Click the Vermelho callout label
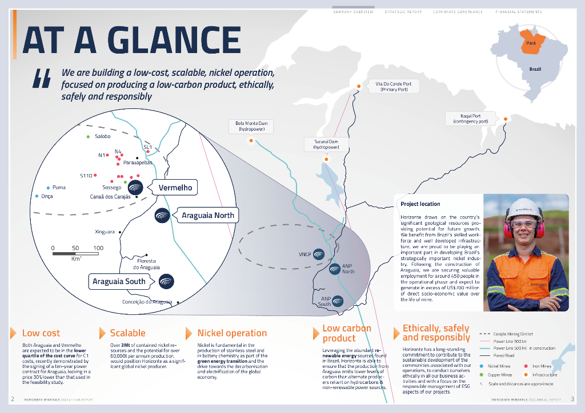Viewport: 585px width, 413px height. [174, 187]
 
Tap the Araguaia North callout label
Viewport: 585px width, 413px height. [207, 215]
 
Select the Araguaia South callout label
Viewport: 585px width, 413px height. [119, 281]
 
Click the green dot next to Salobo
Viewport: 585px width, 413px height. [88, 136]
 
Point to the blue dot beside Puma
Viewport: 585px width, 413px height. [47, 187]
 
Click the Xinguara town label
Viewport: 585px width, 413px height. [105, 232]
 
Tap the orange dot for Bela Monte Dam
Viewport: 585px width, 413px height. [251, 140]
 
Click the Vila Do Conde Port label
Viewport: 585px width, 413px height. [393, 86]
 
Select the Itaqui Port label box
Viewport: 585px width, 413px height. [470, 119]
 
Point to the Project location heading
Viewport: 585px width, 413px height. [420, 204]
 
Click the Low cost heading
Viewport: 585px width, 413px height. [41, 333]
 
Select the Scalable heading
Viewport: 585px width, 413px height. [127, 333]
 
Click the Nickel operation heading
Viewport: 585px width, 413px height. [232, 333]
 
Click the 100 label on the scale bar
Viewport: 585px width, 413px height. [98, 248]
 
